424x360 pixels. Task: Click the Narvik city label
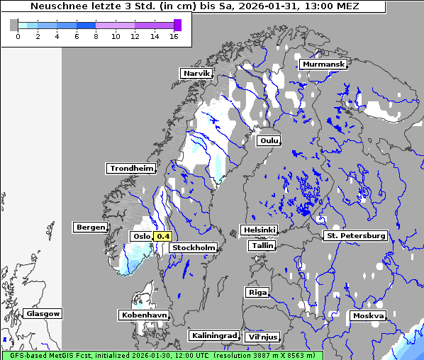pyautogui.click(x=196, y=73)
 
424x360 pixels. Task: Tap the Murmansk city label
pyautogui.click(x=323, y=64)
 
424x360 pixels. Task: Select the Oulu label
pyautogui.click(x=269, y=140)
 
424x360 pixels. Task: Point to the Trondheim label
pyautogui.click(x=131, y=168)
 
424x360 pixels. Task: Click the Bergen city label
pyautogui.click(x=89, y=227)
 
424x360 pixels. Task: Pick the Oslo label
pyautogui.click(x=141, y=236)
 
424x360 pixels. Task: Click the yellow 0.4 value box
pyautogui.click(x=163, y=236)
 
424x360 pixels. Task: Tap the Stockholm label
pyautogui.click(x=194, y=247)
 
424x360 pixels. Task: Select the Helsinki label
pyautogui.click(x=259, y=230)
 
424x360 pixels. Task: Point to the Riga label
pyautogui.click(x=257, y=292)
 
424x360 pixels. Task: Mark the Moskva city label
pyautogui.click(x=368, y=315)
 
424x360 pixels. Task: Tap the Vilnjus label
pyautogui.click(x=262, y=337)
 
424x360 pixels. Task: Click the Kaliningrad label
pyautogui.click(x=213, y=335)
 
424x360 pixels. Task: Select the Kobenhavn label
pyautogui.click(x=144, y=314)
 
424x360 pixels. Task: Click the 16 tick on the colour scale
pyautogui.click(x=174, y=37)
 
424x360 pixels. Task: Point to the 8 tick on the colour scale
pyautogui.click(x=96, y=37)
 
